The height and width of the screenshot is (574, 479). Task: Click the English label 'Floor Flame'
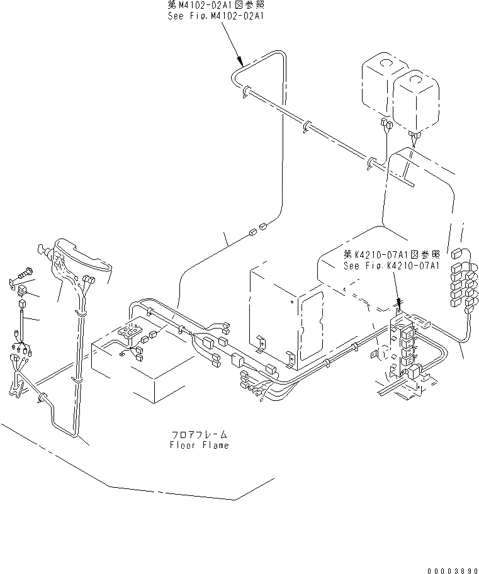pyautogui.click(x=200, y=445)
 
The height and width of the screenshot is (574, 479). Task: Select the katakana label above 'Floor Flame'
pyautogui.click(x=200, y=435)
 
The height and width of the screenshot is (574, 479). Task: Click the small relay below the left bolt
pyautogui.click(x=22, y=290)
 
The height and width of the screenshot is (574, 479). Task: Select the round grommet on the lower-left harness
pyautogui.click(x=43, y=398)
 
